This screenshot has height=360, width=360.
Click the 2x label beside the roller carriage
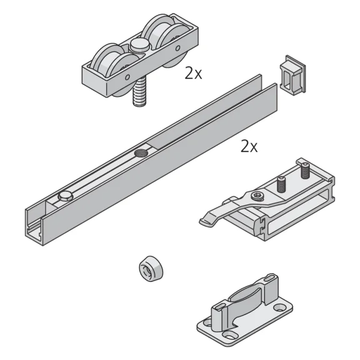click(193, 73)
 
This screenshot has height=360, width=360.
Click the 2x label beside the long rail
click(249, 147)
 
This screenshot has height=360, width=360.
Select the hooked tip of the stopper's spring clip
click(207, 220)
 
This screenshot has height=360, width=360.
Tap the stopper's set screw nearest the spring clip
click(282, 184)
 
